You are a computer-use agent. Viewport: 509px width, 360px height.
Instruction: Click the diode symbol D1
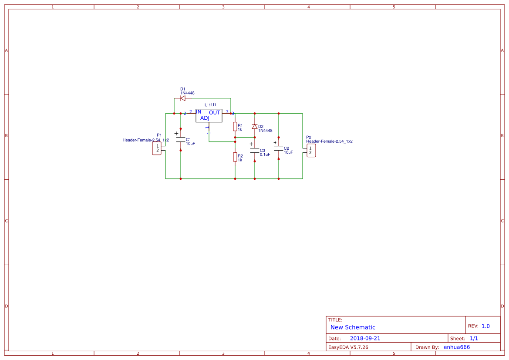click(x=183, y=98)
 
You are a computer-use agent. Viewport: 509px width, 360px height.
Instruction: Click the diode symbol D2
click(x=255, y=126)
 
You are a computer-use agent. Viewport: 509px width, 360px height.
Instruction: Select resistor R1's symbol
click(x=235, y=127)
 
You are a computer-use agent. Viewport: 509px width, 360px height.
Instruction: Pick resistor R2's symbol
click(x=235, y=157)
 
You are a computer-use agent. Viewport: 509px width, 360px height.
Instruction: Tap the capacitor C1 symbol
click(x=181, y=140)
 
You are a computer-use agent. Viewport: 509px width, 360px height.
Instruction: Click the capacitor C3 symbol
click(x=255, y=151)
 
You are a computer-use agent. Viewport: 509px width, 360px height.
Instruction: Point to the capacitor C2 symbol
click(x=279, y=148)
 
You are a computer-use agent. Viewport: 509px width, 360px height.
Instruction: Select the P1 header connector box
click(x=157, y=148)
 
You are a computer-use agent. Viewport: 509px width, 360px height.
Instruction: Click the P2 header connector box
click(x=311, y=151)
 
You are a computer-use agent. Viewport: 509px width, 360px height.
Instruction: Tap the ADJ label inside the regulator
click(x=205, y=118)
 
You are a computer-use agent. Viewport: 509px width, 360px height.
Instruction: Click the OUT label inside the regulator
click(x=215, y=113)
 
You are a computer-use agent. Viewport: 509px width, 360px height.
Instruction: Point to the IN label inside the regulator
click(x=199, y=112)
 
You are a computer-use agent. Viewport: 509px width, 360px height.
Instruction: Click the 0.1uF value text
click(x=265, y=155)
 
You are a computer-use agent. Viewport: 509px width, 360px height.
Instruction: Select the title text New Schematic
click(x=353, y=327)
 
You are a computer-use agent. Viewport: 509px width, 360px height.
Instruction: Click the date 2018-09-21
click(x=365, y=338)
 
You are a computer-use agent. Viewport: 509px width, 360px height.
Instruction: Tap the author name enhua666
click(x=457, y=347)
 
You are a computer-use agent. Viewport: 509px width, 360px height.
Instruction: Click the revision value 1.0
click(x=485, y=326)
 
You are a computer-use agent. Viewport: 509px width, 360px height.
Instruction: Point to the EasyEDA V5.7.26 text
click(x=348, y=347)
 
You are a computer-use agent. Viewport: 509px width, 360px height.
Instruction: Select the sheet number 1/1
click(x=474, y=338)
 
